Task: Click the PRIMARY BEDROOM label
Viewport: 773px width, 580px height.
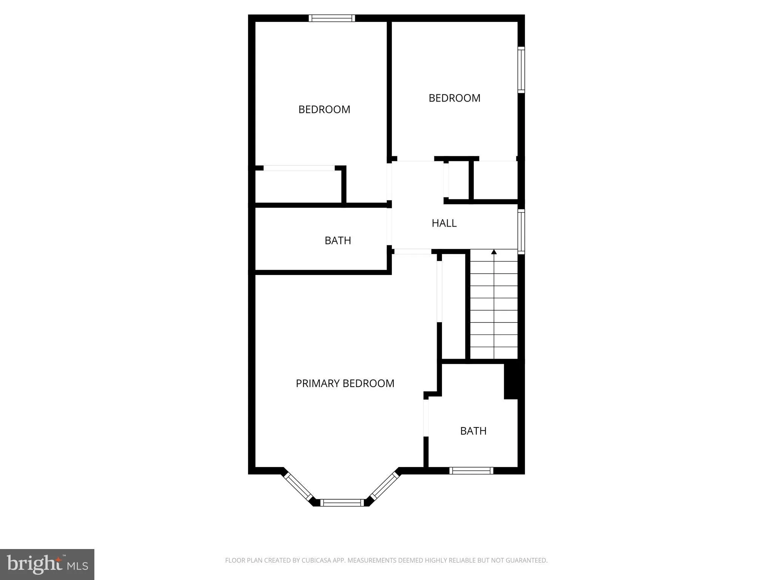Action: (345, 383)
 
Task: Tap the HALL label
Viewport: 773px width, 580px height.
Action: (444, 223)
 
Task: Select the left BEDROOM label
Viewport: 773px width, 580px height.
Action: (324, 110)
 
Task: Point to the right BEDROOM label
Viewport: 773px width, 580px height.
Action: (454, 98)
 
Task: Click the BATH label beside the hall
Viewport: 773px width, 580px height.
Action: (338, 241)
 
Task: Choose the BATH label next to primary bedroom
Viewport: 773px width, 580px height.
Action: (473, 431)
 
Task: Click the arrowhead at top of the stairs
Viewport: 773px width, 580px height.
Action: (494, 252)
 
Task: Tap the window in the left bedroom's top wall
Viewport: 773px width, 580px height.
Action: (332, 18)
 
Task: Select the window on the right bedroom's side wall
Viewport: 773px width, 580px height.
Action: (521, 69)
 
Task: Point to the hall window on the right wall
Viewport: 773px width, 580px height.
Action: (521, 231)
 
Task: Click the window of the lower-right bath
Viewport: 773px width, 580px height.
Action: (471, 470)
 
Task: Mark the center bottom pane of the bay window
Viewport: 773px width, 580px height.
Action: (342, 503)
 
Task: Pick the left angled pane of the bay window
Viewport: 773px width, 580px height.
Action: (298, 487)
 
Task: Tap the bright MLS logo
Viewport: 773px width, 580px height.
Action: (47, 565)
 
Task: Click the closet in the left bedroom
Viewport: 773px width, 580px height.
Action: (298, 186)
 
